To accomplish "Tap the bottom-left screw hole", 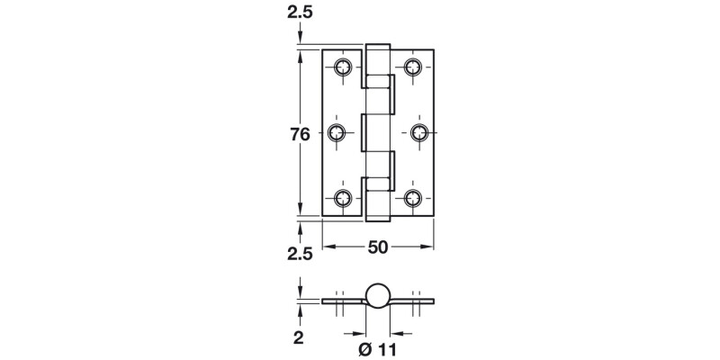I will coord(343,199).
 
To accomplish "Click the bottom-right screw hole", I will coord(415,199).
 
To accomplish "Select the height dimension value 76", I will coord(300,134).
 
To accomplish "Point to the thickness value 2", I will coord(301,338).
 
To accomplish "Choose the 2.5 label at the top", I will coord(300,13).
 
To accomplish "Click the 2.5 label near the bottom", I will coord(300,255).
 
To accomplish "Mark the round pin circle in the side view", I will coord(378,297).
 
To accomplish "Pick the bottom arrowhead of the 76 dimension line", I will coord(300,213).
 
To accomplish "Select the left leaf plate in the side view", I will coord(342,302).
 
